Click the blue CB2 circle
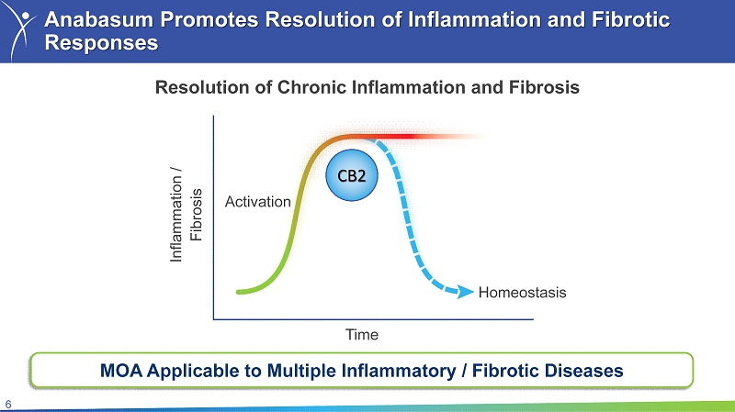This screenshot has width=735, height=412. [352, 175]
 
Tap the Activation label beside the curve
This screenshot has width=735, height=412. [258, 202]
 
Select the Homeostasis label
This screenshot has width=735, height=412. [522, 293]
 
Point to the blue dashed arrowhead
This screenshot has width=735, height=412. [466, 292]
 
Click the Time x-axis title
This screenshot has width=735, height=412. [362, 335]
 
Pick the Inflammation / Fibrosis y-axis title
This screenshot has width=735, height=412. [186, 215]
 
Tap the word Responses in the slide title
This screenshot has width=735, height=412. [101, 43]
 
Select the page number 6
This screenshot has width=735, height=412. [8, 405]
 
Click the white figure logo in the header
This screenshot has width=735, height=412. [21, 30]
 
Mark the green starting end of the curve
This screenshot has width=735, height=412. [239, 292]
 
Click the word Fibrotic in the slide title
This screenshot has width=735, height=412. [630, 20]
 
